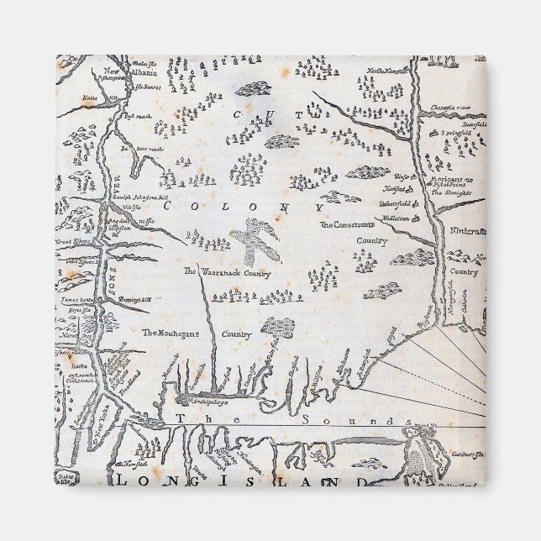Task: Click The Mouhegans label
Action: tap(173, 334)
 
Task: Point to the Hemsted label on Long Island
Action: tap(134, 463)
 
